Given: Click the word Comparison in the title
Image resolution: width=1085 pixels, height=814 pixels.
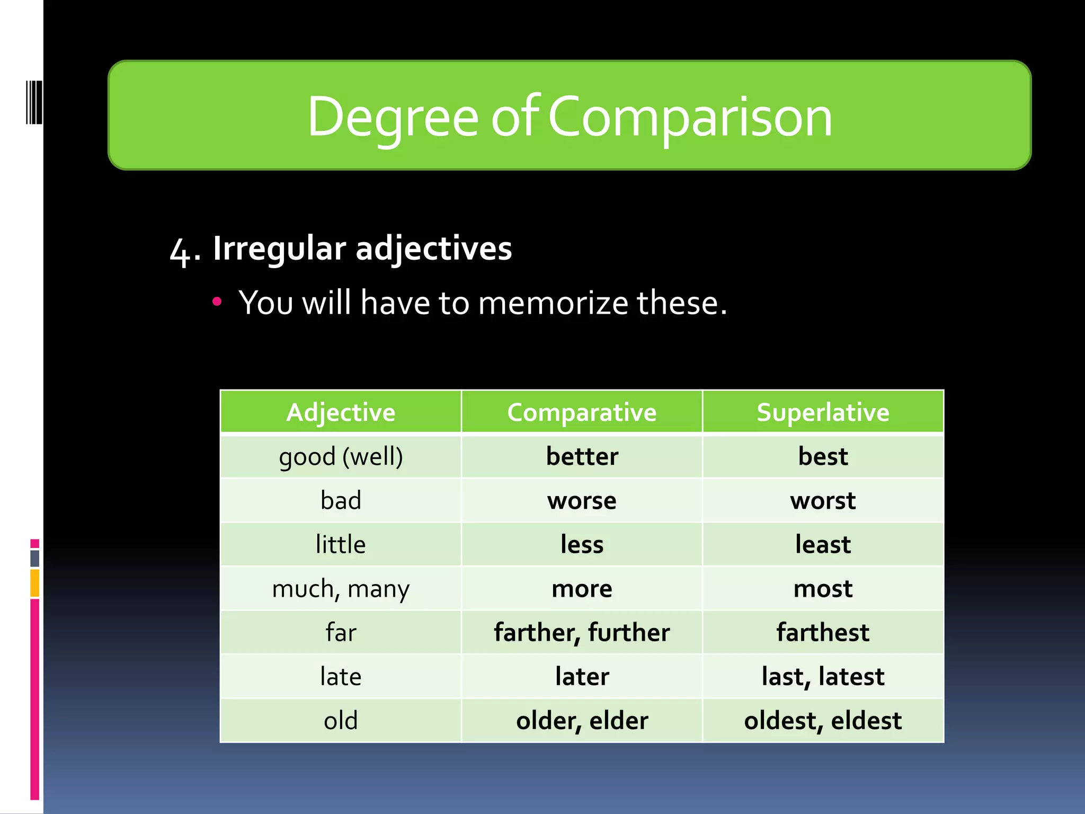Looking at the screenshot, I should coord(690,118).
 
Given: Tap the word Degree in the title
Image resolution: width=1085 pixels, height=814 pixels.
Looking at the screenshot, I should coord(393,118).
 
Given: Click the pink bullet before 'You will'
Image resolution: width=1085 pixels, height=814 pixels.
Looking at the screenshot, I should coord(216,302).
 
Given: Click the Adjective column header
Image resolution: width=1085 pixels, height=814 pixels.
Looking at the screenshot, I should coord(341,412).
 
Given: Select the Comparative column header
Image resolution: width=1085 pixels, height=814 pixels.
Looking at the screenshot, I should coord(582,412).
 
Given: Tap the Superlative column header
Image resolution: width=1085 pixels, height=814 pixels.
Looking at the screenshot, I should coord(823,412).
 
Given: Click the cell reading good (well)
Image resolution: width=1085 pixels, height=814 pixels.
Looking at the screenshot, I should coord(341,456).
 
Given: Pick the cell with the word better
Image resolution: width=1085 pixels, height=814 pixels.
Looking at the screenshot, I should coord(582,456).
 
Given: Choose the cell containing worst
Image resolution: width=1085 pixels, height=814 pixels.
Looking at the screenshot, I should coord(823,500).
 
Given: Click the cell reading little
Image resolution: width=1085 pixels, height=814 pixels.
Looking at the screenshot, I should coord(341,544).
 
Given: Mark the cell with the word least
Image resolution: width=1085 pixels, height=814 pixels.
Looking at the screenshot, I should coord(823,544).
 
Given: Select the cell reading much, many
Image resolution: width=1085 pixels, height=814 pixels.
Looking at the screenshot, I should coord(341,588).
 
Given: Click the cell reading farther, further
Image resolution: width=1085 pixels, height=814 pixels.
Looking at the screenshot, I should coord(582,632).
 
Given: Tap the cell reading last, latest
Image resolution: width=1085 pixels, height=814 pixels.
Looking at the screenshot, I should coord(823,676).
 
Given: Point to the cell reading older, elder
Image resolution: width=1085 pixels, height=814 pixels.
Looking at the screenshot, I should coord(582,720).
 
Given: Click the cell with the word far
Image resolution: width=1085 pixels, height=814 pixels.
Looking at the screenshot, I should coord(341,632).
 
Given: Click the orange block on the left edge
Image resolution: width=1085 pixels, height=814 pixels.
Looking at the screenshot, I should coord(34,583).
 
